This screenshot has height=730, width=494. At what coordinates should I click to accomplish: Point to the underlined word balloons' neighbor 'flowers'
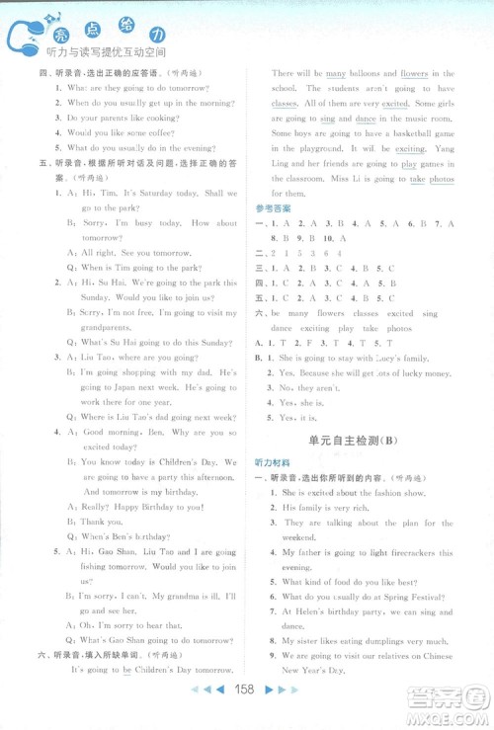pos(414,73)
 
